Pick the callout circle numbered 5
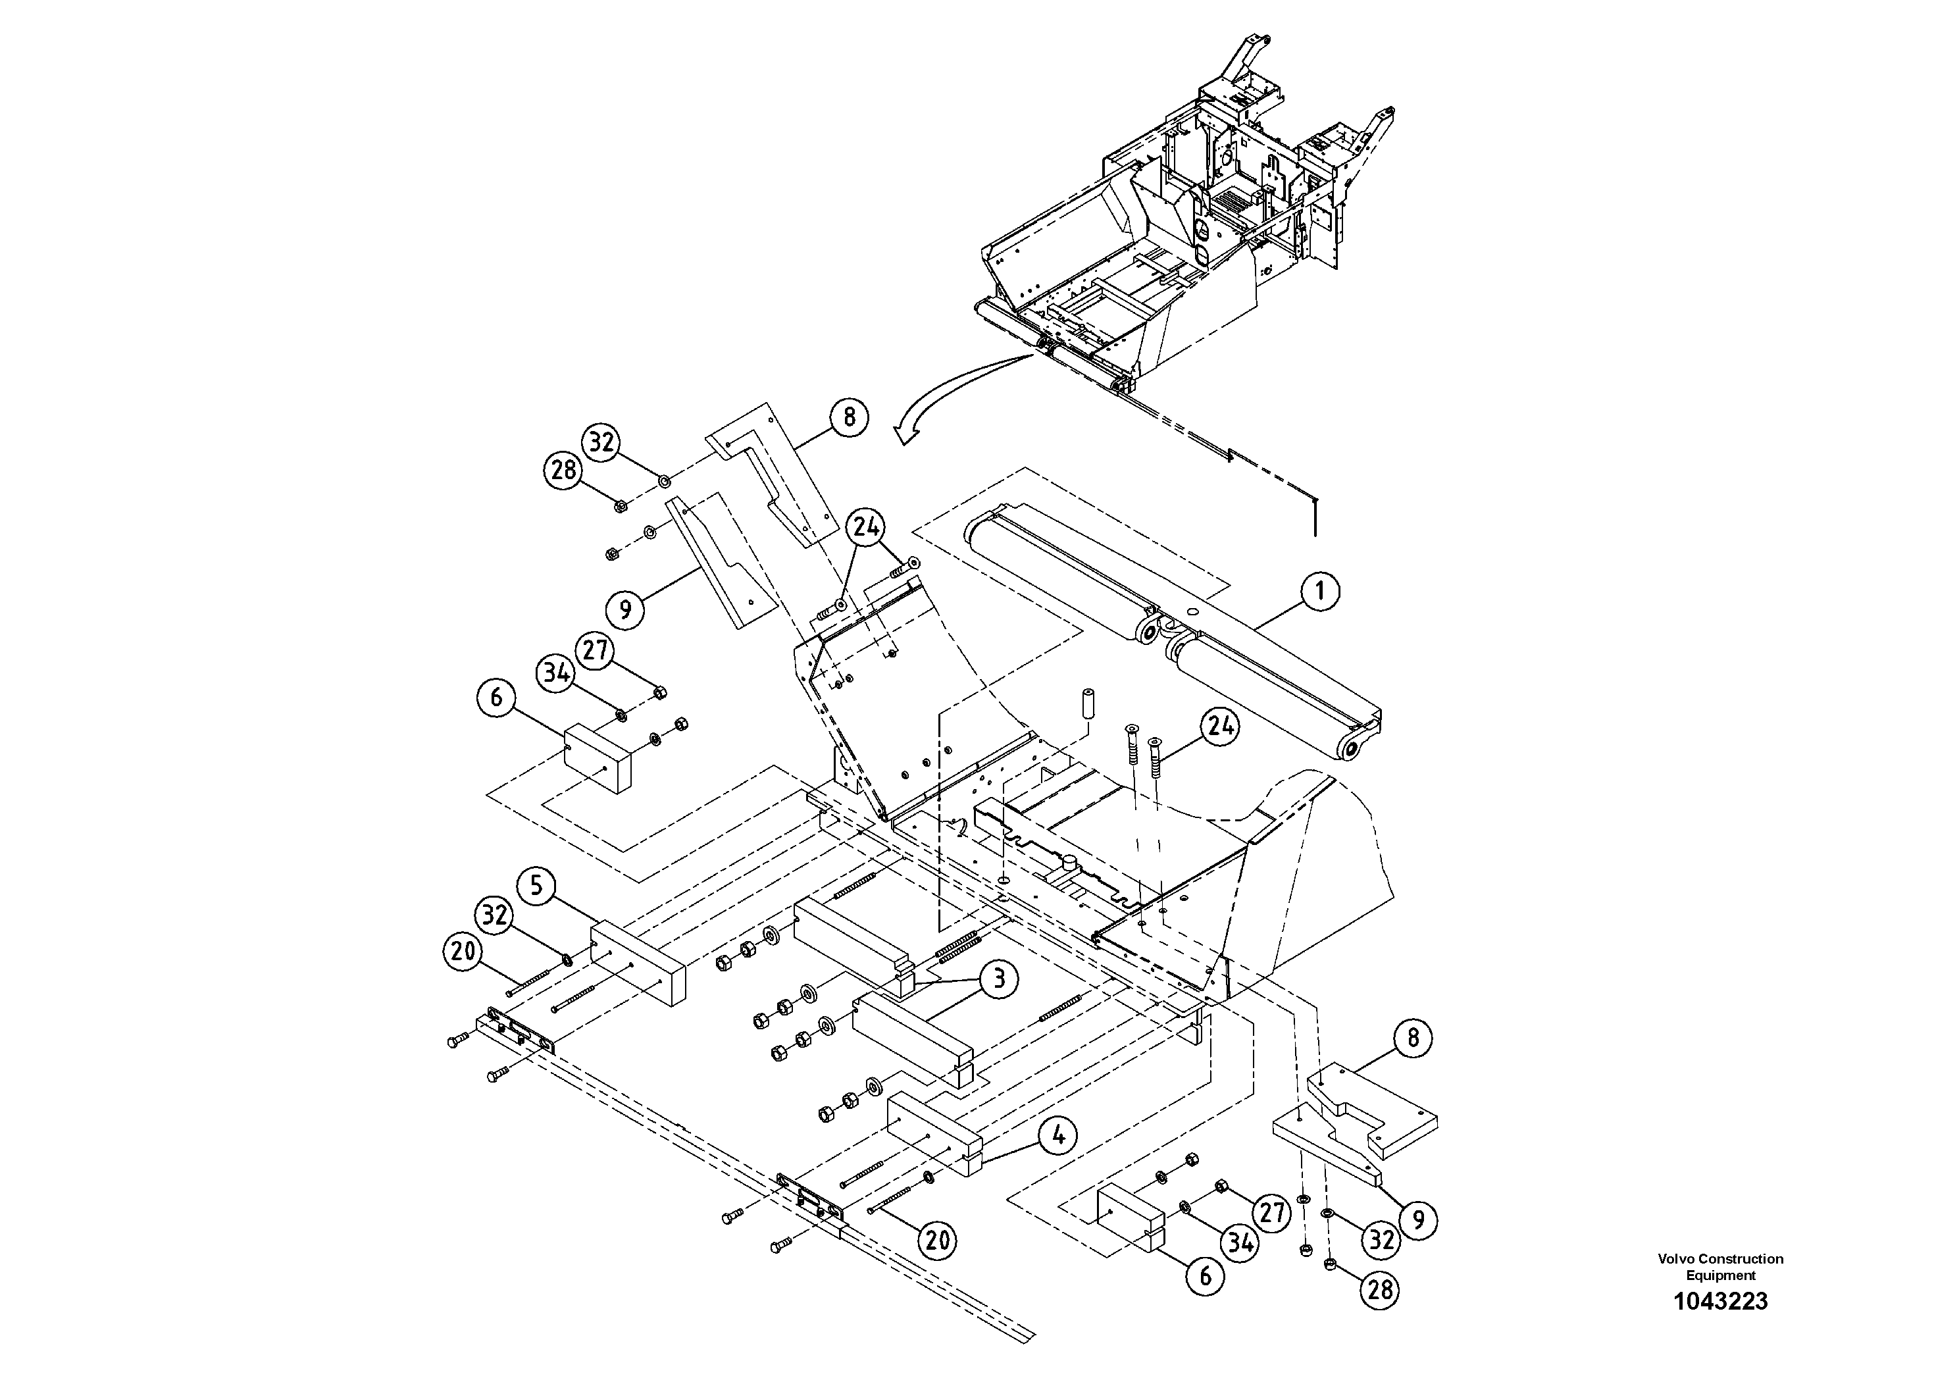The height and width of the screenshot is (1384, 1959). (x=537, y=885)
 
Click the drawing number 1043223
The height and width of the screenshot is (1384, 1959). (x=1720, y=1301)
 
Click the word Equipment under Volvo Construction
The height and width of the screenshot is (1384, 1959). (x=1720, y=1275)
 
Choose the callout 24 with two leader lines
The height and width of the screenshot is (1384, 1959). (x=866, y=528)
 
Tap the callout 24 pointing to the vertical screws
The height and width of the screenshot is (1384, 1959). (x=1220, y=727)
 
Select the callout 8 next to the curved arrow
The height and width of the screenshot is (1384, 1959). (x=848, y=417)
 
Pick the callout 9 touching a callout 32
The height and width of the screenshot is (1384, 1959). (x=1418, y=1219)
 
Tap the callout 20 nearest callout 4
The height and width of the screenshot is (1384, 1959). (x=937, y=1239)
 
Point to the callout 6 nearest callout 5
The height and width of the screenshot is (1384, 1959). (x=497, y=698)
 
